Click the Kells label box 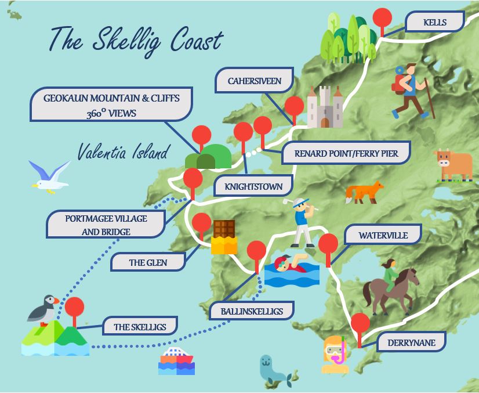point(435,23)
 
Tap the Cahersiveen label point(254,81)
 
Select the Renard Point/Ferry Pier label point(346,154)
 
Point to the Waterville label point(383,236)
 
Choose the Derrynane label point(412,342)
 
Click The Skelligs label point(140,327)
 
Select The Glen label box point(148,262)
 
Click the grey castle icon point(325,107)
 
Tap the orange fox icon point(364,192)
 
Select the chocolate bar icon point(224,236)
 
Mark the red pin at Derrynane point(360,323)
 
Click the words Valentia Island point(122,153)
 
